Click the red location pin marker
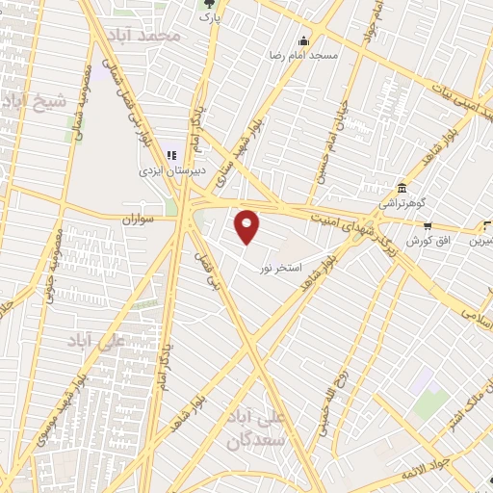click(248, 226)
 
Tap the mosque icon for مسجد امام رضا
click(304, 40)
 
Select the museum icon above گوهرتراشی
click(401, 189)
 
